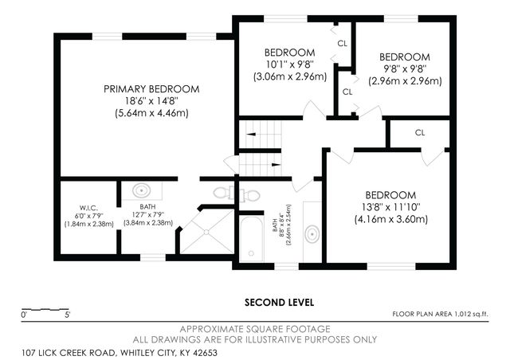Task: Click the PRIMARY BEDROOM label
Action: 151,88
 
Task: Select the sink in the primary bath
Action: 141,190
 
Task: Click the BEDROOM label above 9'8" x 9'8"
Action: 404,57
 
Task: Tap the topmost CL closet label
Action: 343,43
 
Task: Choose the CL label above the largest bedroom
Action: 419,132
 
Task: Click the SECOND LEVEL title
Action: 278,303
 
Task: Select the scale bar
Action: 44,308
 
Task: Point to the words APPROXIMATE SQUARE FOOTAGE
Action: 255,329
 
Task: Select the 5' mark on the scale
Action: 67,315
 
